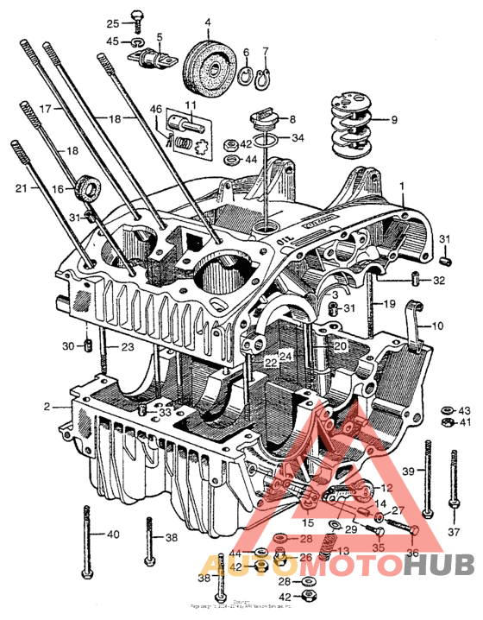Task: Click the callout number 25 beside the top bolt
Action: pyautogui.click(x=113, y=23)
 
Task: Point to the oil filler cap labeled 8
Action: pyautogui.click(x=260, y=118)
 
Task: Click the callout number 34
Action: pyautogui.click(x=297, y=138)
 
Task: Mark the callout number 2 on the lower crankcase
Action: pyautogui.click(x=48, y=405)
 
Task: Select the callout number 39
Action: pyautogui.click(x=410, y=471)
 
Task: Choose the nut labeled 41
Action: pyautogui.click(x=443, y=422)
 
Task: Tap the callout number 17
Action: pyautogui.click(x=46, y=109)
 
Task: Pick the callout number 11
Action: pyautogui.click(x=189, y=104)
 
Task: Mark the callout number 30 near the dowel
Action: pyautogui.click(x=70, y=346)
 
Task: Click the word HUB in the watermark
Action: pyautogui.click(x=440, y=566)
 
